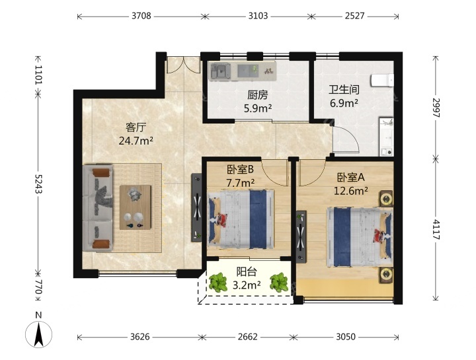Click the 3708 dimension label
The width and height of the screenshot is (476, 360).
tap(141, 16)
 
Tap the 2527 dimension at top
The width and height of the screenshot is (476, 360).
tap(354, 16)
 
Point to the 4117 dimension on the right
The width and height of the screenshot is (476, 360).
tap(436, 229)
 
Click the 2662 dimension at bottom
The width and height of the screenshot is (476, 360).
tap(248, 337)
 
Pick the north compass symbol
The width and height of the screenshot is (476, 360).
tap(38, 330)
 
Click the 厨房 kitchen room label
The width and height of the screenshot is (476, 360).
tap(257, 95)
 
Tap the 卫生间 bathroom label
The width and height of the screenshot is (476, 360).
tap(344, 90)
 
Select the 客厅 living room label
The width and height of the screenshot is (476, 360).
tap(136, 127)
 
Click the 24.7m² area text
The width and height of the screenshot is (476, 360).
tap(136, 141)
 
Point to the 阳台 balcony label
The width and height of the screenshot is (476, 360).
tap(247, 271)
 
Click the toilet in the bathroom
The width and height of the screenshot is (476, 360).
tap(382, 81)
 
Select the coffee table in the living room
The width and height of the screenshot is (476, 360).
tap(135, 207)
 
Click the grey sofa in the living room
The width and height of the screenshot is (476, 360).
tap(98, 208)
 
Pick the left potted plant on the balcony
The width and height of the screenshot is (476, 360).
tap(218, 282)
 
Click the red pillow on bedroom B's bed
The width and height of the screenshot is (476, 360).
tap(223, 219)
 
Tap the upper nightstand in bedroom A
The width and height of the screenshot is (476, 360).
tap(386, 199)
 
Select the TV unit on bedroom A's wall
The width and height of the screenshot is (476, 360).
tap(301, 236)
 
